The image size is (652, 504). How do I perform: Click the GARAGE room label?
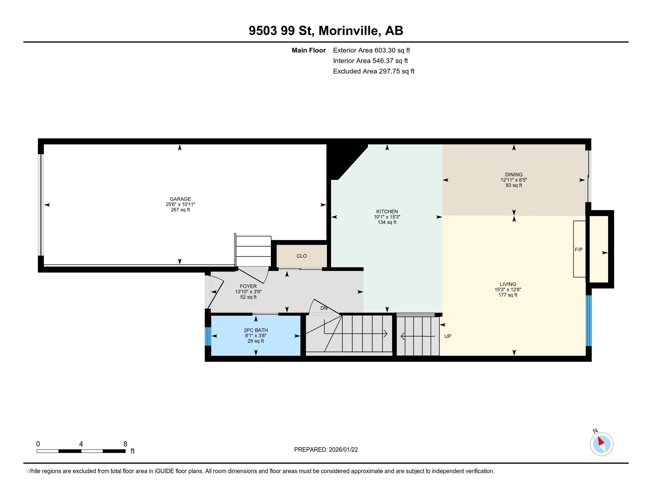pos(180,199)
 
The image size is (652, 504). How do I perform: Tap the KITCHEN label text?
pos(387,211)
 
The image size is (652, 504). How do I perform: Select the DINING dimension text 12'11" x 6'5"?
pos(514,180)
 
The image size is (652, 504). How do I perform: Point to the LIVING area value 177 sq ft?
pos(507,295)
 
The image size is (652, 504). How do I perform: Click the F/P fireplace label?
pos(579,250)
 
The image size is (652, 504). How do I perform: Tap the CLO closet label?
pos(301,256)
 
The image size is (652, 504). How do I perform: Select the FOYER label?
pos(248,286)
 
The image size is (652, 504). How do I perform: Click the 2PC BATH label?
pos(255,330)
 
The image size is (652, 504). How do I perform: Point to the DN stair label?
pos(324,308)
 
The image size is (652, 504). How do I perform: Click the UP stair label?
pos(448,336)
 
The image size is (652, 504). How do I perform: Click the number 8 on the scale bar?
pos(125,444)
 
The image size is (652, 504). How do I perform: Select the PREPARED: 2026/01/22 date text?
pos(326,450)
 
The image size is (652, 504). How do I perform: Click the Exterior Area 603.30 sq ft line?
pos(371,50)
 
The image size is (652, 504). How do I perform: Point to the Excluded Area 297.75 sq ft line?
pos(373,71)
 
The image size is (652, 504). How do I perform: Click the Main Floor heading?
pos(309,50)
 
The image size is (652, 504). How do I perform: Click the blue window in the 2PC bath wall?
pos(208,336)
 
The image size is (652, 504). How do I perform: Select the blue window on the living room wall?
pos(588,321)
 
